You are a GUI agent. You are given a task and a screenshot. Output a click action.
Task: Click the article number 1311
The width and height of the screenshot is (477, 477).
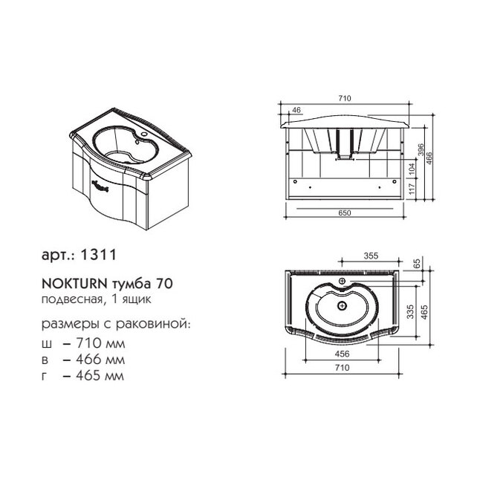click(x=98, y=255)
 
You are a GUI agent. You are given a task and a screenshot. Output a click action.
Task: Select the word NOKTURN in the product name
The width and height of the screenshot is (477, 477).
click(x=74, y=284)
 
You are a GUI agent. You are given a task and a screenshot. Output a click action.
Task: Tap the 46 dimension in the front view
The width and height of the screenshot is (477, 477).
click(x=296, y=110)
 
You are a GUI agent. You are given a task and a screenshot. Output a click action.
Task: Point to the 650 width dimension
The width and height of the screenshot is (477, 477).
click(x=345, y=213)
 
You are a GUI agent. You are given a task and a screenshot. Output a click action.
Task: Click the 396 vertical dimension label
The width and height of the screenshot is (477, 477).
click(x=421, y=149)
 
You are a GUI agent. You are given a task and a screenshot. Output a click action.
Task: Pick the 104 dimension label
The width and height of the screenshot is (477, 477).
click(x=412, y=169)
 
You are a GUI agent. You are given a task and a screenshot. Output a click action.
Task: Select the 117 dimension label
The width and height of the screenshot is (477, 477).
click(x=412, y=189)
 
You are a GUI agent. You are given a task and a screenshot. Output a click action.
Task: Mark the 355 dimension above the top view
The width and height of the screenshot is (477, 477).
click(x=371, y=256)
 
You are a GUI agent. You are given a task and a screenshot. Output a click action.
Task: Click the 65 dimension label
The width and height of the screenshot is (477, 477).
click(x=417, y=263)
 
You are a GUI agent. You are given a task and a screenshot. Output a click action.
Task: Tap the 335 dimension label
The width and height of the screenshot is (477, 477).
click(x=410, y=311)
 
